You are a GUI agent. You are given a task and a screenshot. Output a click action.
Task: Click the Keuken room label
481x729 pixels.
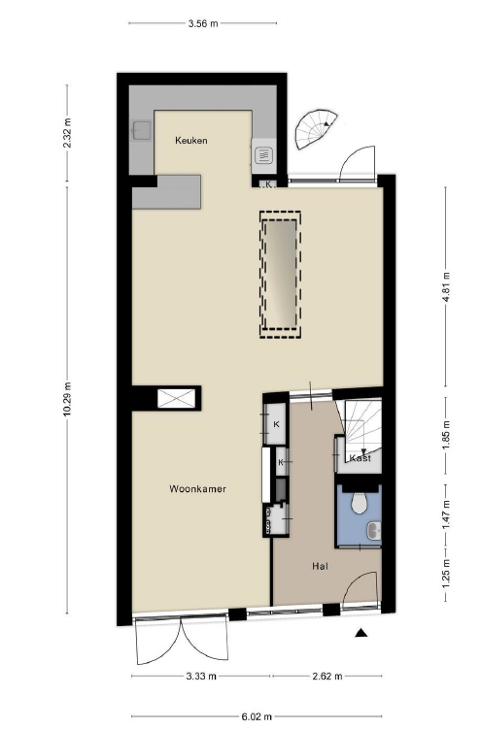tap(191, 140)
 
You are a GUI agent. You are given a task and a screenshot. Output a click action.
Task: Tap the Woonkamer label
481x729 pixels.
tap(197, 488)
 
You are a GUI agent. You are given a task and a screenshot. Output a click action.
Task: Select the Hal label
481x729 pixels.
tap(320, 566)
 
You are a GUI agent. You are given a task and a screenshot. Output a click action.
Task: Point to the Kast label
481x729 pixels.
tap(361, 458)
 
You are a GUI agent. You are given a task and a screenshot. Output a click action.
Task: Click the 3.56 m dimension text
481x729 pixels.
tap(203, 23)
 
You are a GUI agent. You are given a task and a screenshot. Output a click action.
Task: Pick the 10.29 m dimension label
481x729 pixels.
tap(68, 399)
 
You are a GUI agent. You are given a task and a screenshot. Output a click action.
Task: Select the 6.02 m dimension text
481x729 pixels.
tap(257, 716)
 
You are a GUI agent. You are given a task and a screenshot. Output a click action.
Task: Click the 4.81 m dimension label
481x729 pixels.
tap(447, 287)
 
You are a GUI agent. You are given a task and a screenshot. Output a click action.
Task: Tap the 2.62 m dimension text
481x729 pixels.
tap(327, 676)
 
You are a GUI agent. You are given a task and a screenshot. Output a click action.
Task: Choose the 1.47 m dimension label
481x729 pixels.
tap(447, 514)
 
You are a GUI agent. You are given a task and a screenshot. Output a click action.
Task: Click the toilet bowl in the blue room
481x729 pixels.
tap(359, 503)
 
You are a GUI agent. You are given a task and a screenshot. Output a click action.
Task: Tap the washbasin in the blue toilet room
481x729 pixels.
tap(374, 531)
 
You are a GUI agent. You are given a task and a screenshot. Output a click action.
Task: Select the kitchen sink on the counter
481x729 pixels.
tap(142, 131)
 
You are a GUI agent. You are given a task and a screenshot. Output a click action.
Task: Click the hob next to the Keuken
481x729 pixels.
tap(263, 154)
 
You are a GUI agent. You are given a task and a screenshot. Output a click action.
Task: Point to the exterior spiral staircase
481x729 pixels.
tap(317, 129)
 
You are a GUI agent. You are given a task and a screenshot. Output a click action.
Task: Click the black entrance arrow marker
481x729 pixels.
tap(361, 632)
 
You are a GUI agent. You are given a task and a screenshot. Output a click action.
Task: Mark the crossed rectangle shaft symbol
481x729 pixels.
tap(176, 398)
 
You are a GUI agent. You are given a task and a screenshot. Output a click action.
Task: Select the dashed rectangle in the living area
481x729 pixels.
tap(280, 275)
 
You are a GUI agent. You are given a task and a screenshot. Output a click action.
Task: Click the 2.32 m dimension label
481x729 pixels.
tap(68, 133)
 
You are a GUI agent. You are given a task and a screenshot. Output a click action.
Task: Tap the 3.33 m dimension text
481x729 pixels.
tap(201, 676)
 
